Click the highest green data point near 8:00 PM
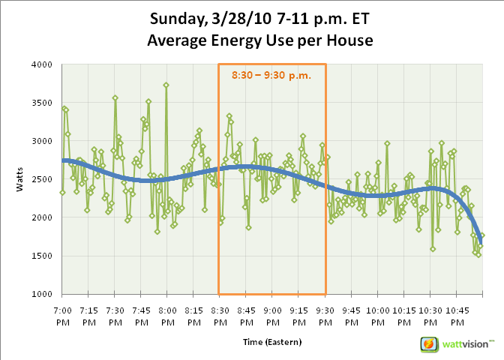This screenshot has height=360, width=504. [166, 85]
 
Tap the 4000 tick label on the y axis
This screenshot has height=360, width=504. [42, 64]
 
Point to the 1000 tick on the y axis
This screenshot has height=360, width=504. [42, 294]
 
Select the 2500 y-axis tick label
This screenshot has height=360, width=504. [42, 179]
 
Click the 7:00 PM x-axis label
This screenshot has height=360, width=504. [63, 316]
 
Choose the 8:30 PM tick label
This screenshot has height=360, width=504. [220, 316]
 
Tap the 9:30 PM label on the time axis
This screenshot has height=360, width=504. [325, 316]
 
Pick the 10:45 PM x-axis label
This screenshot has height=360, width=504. [457, 316]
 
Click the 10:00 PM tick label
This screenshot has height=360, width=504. [378, 316]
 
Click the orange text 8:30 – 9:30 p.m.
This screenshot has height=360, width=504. [271, 76]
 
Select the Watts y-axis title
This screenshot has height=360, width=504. [19, 179]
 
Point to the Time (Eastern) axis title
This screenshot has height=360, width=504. [272, 342]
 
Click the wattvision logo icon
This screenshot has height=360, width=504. [429, 344]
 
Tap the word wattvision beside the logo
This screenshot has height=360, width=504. [466, 344]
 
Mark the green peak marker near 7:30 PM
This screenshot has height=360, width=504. [115, 98]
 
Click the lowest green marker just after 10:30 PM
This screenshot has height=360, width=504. [433, 249]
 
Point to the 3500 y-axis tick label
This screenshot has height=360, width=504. [42, 103]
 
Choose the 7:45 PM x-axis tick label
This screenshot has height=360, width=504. [142, 316]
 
